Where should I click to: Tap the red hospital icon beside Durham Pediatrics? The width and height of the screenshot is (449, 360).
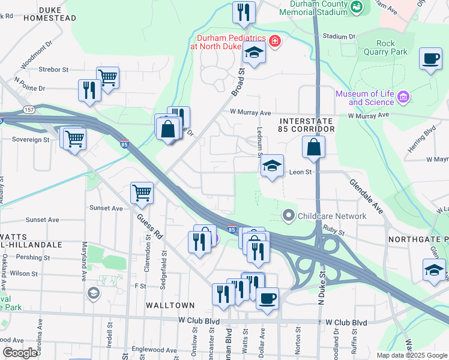tap(275, 41)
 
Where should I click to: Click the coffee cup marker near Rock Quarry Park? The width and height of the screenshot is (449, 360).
tap(430, 59)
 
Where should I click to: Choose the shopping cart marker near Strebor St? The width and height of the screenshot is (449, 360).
tap(107, 77)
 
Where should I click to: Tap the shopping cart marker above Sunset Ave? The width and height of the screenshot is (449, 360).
tap(142, 193)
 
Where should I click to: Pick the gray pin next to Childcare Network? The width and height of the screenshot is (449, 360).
tap(289, 215)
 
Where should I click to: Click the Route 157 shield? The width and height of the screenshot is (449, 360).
tap(29, 110)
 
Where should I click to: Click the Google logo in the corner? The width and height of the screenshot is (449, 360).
tap(20, 353)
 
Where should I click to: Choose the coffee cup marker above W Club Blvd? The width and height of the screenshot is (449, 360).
tap(268, 298)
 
